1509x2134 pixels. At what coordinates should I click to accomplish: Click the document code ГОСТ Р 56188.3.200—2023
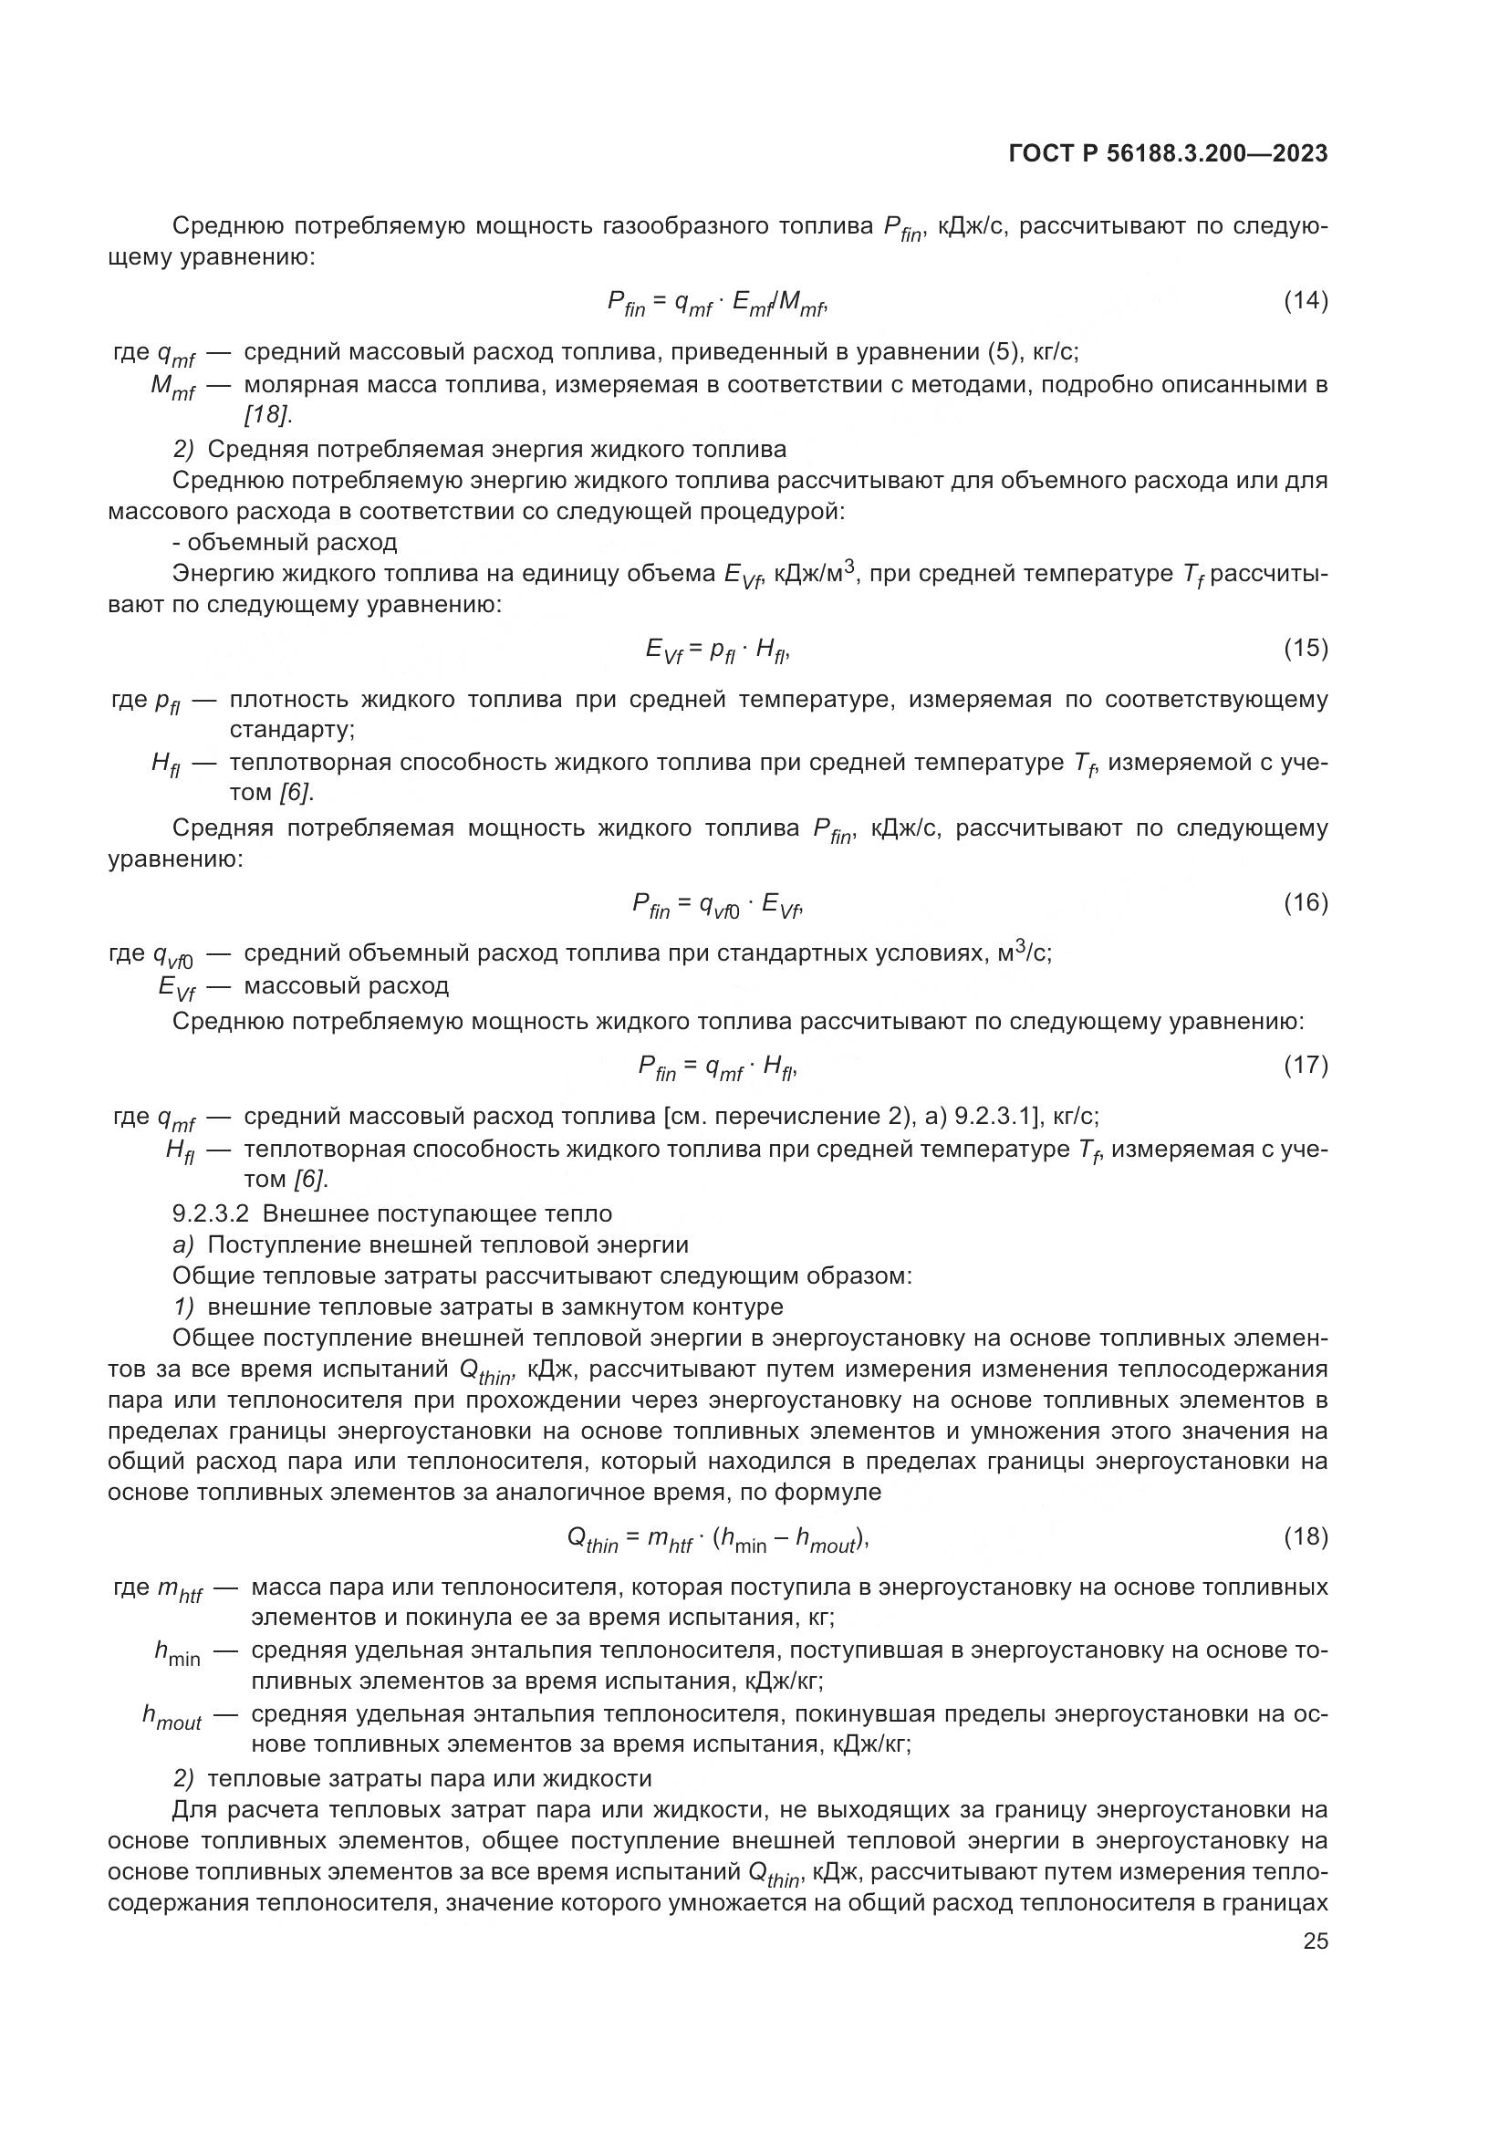1167,154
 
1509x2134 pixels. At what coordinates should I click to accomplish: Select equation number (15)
1305,648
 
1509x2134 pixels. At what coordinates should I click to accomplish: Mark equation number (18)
1305,1536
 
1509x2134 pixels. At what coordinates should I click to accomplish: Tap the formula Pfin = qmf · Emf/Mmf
716,303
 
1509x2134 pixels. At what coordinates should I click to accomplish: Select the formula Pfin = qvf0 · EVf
716,904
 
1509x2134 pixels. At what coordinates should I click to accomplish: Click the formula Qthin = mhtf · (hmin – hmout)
717,1540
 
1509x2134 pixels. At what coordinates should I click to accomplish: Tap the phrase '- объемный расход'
286,543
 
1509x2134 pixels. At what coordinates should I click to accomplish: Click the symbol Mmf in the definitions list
172,387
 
